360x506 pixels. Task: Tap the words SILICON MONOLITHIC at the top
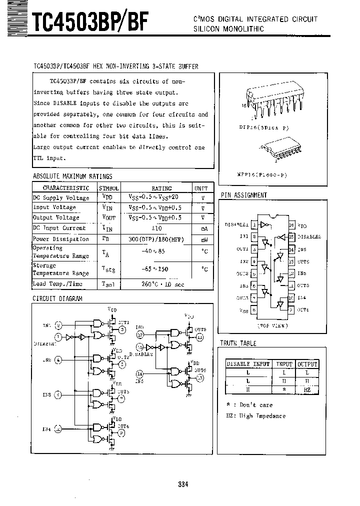[228, 29]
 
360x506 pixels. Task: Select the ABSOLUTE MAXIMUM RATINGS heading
[72, 176]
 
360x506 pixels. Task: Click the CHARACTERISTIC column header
[65, 188]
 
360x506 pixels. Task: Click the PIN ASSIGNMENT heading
[243, 195]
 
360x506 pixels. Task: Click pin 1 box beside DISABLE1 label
[255, 225]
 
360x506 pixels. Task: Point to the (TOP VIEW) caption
[273, 325]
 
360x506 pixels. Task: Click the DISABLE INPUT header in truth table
[248, 364]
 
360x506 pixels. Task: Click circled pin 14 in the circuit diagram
[139, 373]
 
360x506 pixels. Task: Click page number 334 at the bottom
[182, 484]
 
